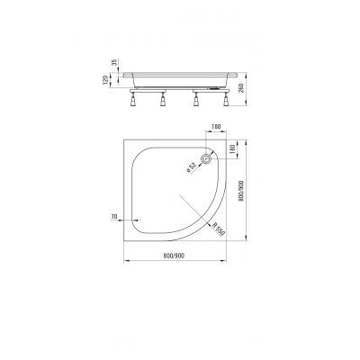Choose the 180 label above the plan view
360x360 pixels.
pos(216,128)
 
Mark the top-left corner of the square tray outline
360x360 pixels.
pos(123,138)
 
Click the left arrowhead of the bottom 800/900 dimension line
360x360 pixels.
pos(124,262)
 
